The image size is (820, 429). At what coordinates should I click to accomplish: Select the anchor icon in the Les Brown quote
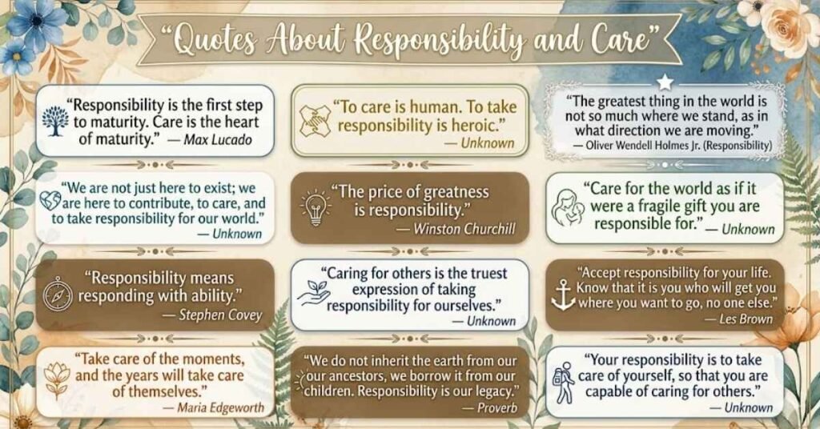tap(564, 294)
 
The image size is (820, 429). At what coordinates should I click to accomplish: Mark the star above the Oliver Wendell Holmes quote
tap(663, 81)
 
